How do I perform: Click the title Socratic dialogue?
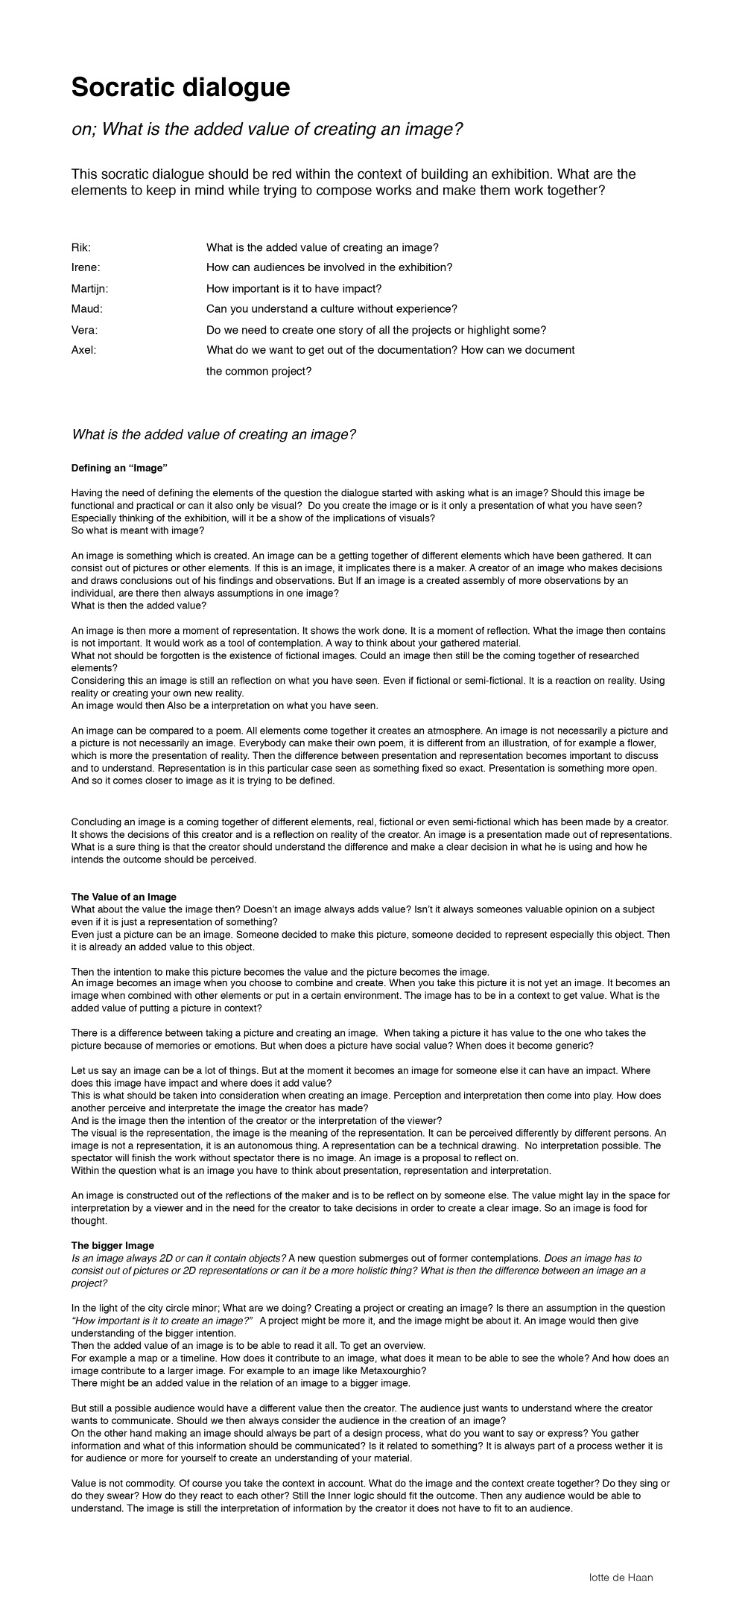[x=180, y=88]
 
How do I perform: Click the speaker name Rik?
[x=81, y=247]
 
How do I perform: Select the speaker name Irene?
[x=86, y=267]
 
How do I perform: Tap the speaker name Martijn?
[x=90, y=288]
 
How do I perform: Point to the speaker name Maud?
[x=87, y=308]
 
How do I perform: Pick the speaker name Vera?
[x=84, y=330]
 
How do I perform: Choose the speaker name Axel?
[x=83, y=350]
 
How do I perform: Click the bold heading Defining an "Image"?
[x=119, y=468]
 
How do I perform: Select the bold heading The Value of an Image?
[x=124, y=897]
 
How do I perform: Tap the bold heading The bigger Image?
[x=112, y=1245]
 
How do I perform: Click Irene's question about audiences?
[x=329, y=267]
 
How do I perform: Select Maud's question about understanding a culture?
[x=332, y=308]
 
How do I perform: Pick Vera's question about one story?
[x=376, y=330]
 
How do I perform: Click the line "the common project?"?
[x=259, y=371]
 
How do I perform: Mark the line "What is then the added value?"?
[x=139, y=606]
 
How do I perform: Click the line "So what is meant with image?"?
[x=137, y=530]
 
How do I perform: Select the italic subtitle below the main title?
[x=267, y=130]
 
